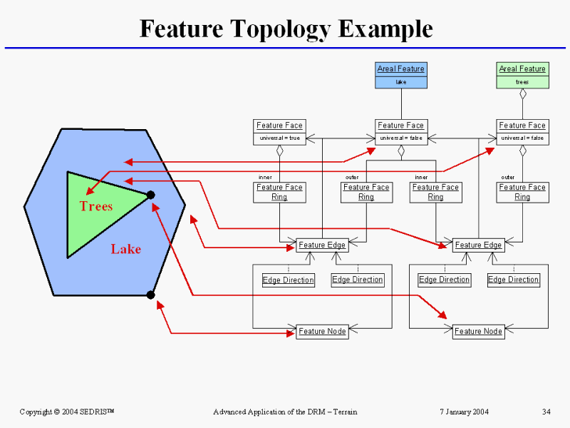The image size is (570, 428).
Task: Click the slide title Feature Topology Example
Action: pos(286,29)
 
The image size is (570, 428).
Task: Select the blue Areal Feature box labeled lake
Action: pos(401,75)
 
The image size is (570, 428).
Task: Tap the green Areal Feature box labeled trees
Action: pos(522,75)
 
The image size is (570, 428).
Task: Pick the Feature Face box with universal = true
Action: pos(279,132)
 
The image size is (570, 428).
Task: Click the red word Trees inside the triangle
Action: pos(96,206)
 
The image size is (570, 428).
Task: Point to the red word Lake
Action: pos(126,249)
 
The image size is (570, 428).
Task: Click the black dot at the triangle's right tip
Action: pos(150,195)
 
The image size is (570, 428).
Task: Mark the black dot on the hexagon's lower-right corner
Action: pos(150,295)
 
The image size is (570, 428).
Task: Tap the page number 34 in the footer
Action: pos(546,412)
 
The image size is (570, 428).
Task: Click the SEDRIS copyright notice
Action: pos(67,412)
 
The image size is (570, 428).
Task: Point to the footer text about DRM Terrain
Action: pos(285,412)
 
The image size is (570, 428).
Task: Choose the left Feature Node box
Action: pos(321,331)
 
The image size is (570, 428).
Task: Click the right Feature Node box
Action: pos(478,331)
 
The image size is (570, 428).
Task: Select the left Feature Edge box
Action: pos(321,245)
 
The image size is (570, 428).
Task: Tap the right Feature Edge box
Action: pos(478,245)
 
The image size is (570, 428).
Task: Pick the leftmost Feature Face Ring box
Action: pos(279,192)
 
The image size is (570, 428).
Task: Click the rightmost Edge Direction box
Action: pos(513,280)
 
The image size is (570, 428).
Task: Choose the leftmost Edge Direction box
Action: pos(288,280)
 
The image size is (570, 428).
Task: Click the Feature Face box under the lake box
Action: pos(401,132)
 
